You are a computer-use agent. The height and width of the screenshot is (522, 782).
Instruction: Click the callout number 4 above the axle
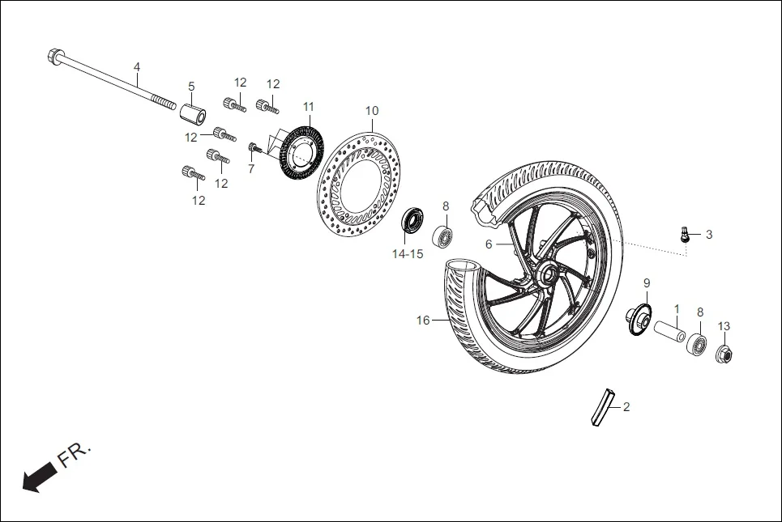[x=136, y=66]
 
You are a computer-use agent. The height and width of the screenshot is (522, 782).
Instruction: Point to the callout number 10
[x=371, y=111]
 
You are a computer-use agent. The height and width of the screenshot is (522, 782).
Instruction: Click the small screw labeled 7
[x=254, y=147]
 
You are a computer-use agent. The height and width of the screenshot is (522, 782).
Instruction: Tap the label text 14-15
[x=407, y=253]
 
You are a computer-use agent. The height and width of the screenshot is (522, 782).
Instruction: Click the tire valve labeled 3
[x=685, y=235]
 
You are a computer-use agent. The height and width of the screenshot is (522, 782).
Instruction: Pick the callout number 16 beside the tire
[x=423, y=320]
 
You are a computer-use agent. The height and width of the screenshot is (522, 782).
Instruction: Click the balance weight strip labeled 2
[x=603, y=408]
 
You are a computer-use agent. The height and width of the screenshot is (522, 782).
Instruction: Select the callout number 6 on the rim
[x=489, y=244]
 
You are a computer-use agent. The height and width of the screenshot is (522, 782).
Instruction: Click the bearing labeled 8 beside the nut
[x=697, y=342]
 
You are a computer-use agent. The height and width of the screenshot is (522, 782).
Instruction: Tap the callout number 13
[x=724, y=326]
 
